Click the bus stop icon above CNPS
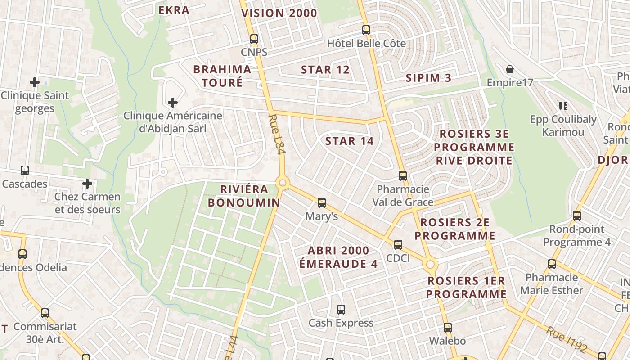pos(254,39)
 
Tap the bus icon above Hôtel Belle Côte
pos(366,30)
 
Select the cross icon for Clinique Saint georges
pos(35,82)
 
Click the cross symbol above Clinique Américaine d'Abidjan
pos(173,103)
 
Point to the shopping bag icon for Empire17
pos(510,69)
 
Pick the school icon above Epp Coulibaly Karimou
pos(563,106)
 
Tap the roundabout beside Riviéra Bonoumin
pos(283,183)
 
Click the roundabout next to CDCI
pos(430,264)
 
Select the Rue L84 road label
pos(277,135)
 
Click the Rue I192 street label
pos(567,338)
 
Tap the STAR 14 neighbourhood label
pos(349,141)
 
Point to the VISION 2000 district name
pos(279,13)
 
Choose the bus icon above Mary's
pos(322,203)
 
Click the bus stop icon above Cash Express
pos(341,310)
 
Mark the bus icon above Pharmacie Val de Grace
pos(403,176)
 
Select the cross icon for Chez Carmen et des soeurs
pos(87,184)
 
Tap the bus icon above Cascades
pos(25,171)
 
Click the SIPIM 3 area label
pos(428,77)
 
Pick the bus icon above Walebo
pos(447,327)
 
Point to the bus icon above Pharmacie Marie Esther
pos(552,264)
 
